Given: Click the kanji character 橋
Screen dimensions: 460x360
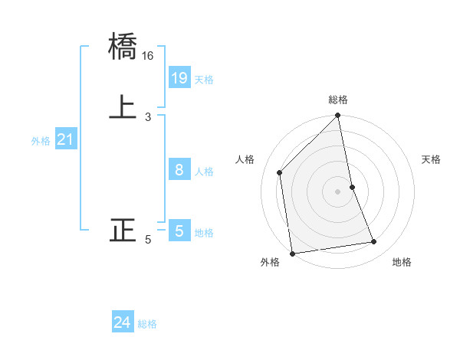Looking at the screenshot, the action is (x=123, y=47).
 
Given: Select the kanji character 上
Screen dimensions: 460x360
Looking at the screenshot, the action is (x=123, y=106).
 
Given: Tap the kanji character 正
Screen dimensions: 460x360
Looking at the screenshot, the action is (x=123, y=229).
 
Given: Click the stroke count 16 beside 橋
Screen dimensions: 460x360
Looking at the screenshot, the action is (x=147, y=56).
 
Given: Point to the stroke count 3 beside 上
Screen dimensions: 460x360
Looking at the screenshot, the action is (x=147, y=116).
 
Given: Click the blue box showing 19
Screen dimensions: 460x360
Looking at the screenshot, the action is (x=179, y=78).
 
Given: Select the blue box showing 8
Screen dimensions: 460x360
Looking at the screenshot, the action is (x=179, y=170).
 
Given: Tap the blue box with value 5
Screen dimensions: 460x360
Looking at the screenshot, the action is (x=179, y=231).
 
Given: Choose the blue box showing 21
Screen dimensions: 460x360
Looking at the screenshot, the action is (x=66, y=139).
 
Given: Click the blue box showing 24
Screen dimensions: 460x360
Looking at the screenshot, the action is (x=123, y=323).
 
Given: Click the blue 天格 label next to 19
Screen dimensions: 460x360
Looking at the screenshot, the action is (x=204, y=80).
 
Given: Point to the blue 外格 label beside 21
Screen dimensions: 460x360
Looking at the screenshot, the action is (x=41, y=141).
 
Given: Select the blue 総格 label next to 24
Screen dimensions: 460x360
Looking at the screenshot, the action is (x=147, y=325).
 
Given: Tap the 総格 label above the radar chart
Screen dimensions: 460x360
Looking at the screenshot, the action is (x=338, y=100).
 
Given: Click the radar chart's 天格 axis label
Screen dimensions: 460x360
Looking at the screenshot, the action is (x=431, y=159).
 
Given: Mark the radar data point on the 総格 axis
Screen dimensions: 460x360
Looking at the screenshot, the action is (x=338, y=116).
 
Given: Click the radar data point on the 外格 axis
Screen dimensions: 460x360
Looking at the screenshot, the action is (x=292, y=254).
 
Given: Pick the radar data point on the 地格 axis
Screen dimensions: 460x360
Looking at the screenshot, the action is (x=374, y=242).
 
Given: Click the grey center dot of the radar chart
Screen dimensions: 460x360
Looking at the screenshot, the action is (x=338, y=191).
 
